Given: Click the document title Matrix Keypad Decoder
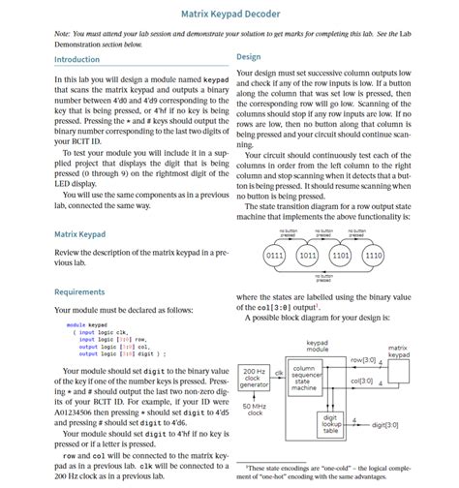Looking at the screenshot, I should pos(229,15).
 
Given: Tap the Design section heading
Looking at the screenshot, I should pos(248,57).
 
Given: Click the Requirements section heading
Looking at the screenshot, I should pos(79,291).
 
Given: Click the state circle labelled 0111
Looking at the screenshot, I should pos(274,256).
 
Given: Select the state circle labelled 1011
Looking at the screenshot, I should pos(307,256).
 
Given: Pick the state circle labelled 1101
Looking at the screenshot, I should pos(340,256).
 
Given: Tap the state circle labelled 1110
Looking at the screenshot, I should pos(373,256).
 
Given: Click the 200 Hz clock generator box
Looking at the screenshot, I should pos(255,379).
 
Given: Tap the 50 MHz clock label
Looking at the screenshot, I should pos(255,410).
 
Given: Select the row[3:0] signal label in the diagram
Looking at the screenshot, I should pos(363,359).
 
